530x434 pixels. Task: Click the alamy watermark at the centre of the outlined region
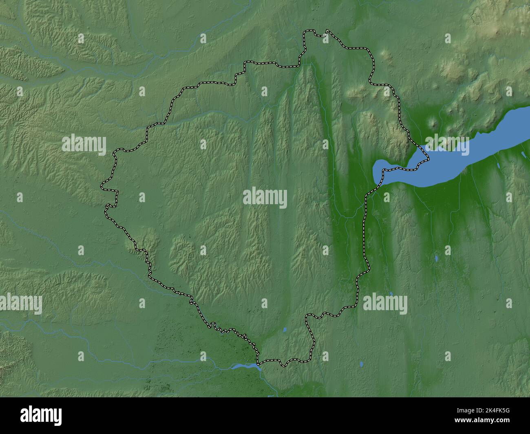click(265, 198)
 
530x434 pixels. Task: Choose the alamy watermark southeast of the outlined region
click(385, 304)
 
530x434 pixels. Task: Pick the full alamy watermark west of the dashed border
click(84, 144)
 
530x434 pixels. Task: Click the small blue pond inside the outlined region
click(285, 330)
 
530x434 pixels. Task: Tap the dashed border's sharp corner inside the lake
click(427, 157)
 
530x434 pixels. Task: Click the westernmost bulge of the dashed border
click(102, 187)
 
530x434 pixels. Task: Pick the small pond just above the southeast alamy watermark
click(391, 293)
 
